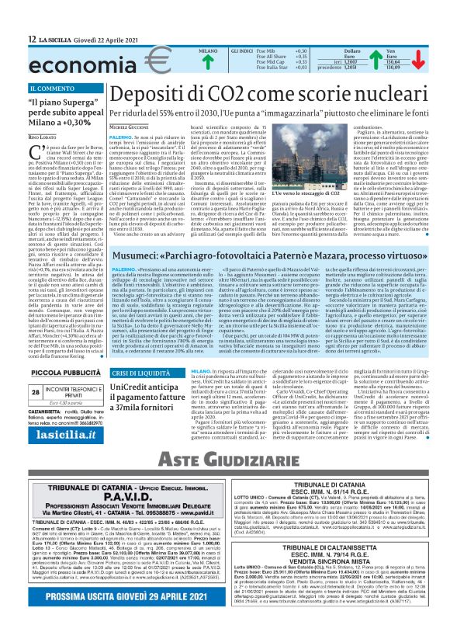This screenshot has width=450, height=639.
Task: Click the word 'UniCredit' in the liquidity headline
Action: pyautogui.click(x=130, y=387)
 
